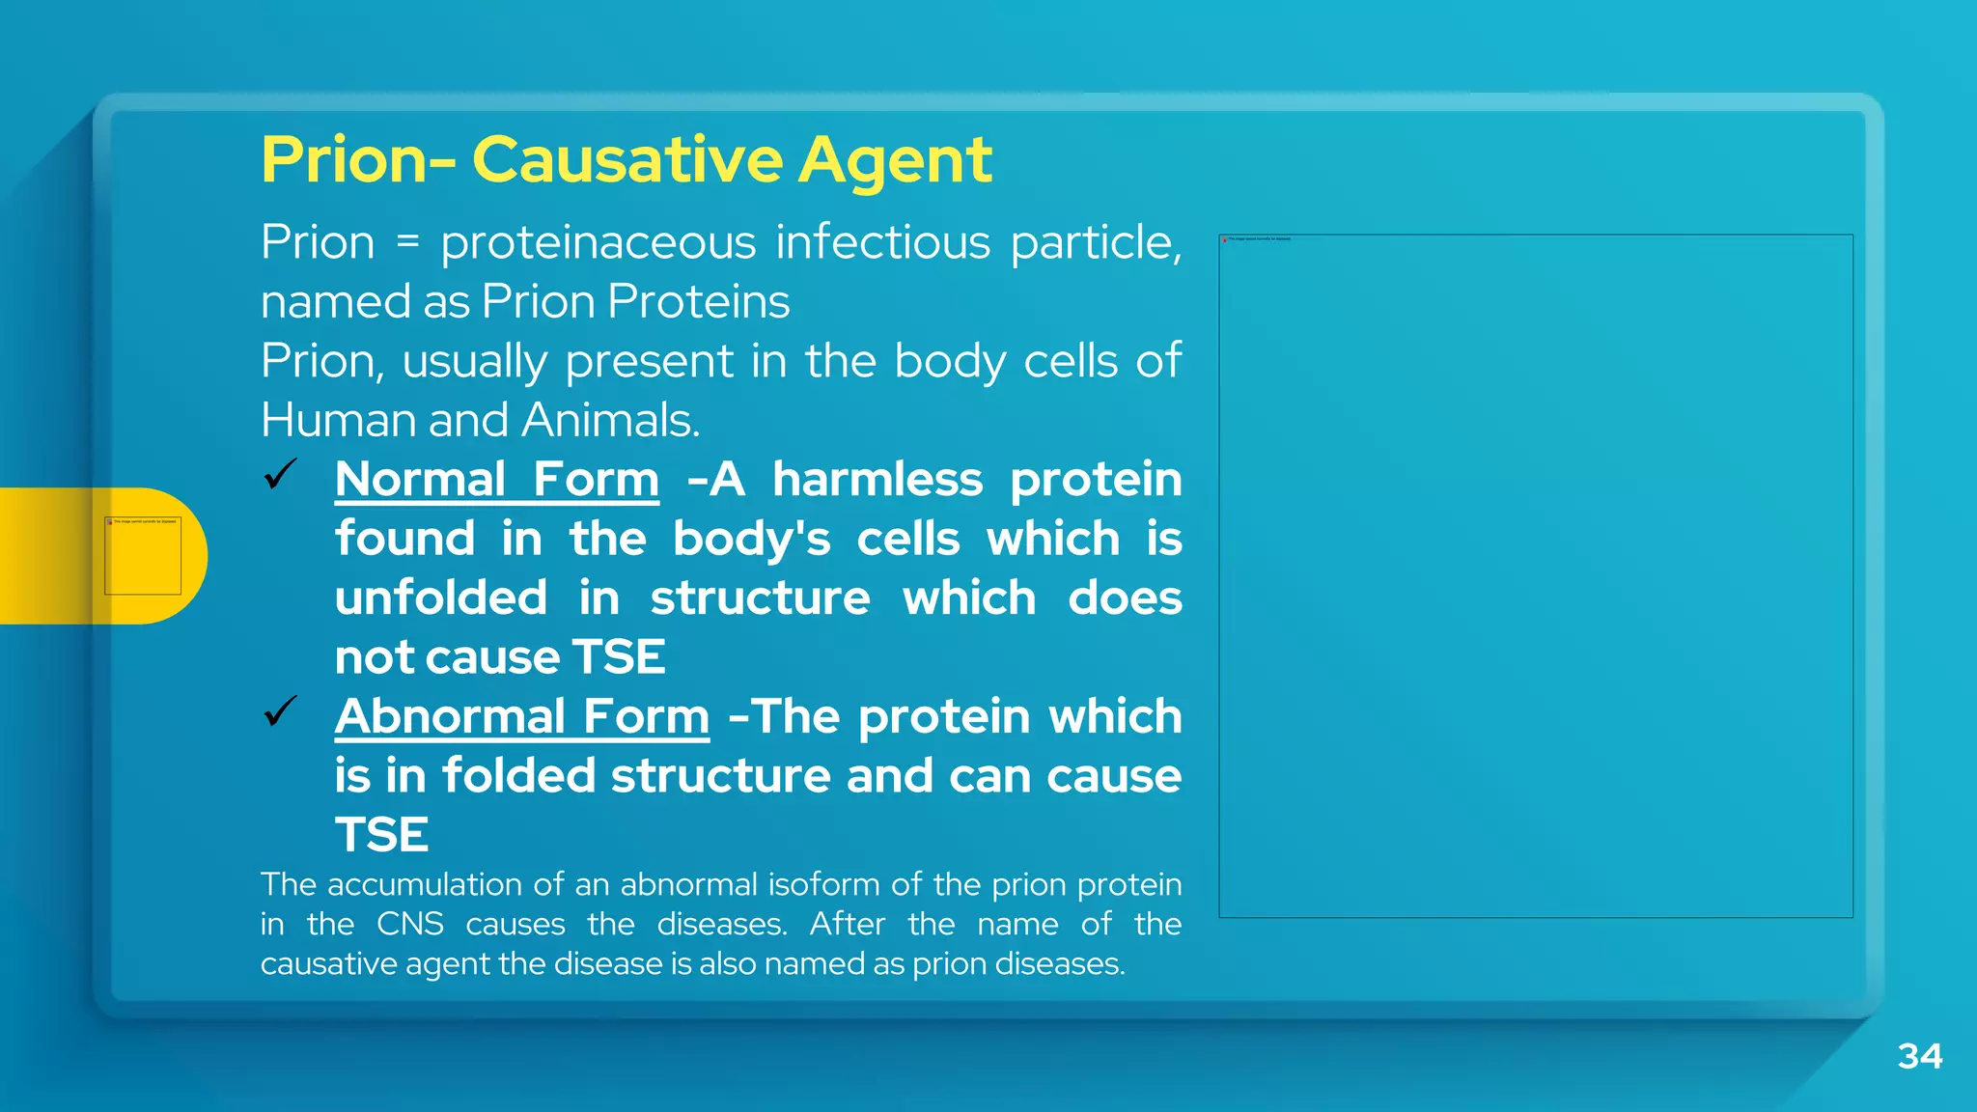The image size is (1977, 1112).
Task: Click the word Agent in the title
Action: (x=894, y=161)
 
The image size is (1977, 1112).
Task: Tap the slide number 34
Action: (x=1919, y=1056)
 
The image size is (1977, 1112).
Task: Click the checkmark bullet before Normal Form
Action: (x=280, y=475)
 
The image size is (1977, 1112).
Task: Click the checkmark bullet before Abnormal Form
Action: (x=280, y=712)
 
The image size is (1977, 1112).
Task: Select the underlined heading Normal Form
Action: (x=497, y=480)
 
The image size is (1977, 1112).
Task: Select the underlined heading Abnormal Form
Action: (x=522, y=717)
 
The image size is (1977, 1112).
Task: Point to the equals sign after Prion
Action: (x=408, y=242)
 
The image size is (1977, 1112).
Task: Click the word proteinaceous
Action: (x=598, y=243)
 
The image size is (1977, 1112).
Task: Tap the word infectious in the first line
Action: (x=882, y=241)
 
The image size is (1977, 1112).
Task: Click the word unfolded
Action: (x=441, y=598)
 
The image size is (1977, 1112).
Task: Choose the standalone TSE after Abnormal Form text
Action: (x=382, y=835)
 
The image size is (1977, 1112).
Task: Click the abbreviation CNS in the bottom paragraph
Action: (x=409, y=925)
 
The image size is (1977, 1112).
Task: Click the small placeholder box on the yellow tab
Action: (x=143, y=556)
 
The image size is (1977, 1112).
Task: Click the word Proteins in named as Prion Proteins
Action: (x=699, y=302)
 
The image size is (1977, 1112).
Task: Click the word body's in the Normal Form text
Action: (x=751, y=540)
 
